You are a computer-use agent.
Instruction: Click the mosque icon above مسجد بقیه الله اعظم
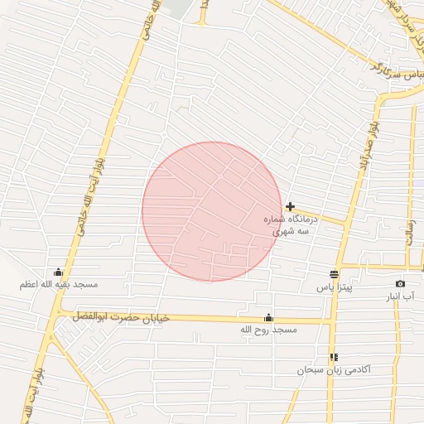pos(59,272)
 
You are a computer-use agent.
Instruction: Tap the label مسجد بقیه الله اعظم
pos(59,285)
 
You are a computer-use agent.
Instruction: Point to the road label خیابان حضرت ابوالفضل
pos(120,317)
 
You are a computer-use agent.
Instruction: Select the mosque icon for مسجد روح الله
pos(268,317)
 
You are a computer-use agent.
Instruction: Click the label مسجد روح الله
pos(267,330)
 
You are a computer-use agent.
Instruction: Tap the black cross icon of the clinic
pos(290,206)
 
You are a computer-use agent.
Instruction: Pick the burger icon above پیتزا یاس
pos(335,274)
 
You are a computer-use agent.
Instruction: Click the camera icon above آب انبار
pos(401,284)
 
